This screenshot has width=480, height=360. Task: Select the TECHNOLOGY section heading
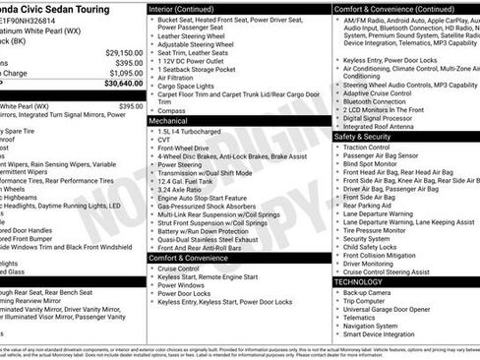[359, 281]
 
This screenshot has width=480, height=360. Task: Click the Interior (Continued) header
[189, 8]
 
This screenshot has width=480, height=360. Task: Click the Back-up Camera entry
[370, 292]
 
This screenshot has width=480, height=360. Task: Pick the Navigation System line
[377, 325]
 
